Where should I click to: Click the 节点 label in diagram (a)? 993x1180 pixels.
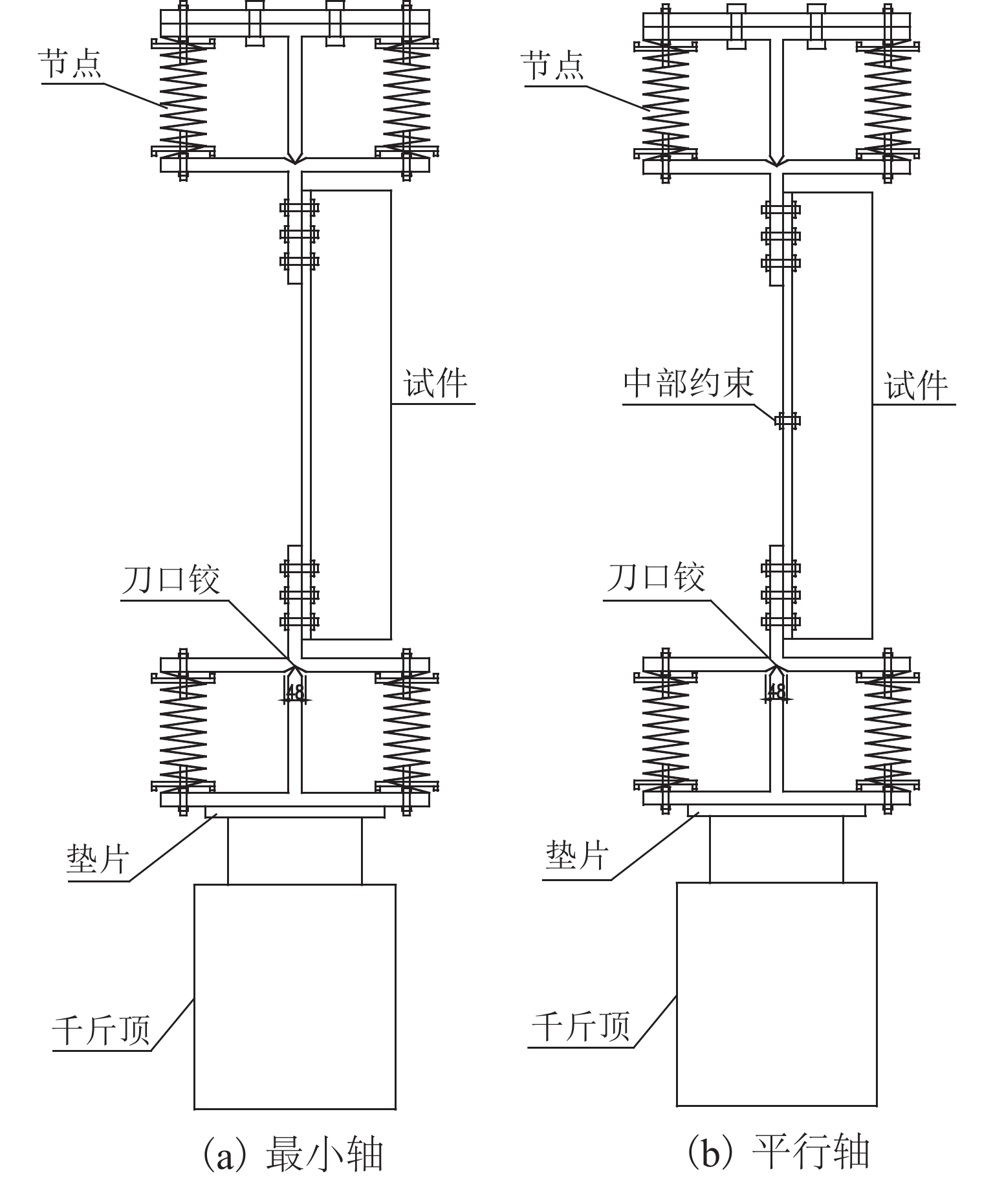(71, 63)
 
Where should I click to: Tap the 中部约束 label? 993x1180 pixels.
(688, 384)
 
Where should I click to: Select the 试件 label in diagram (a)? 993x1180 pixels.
(435, 384)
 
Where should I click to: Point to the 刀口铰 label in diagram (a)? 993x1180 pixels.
(171, 578)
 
